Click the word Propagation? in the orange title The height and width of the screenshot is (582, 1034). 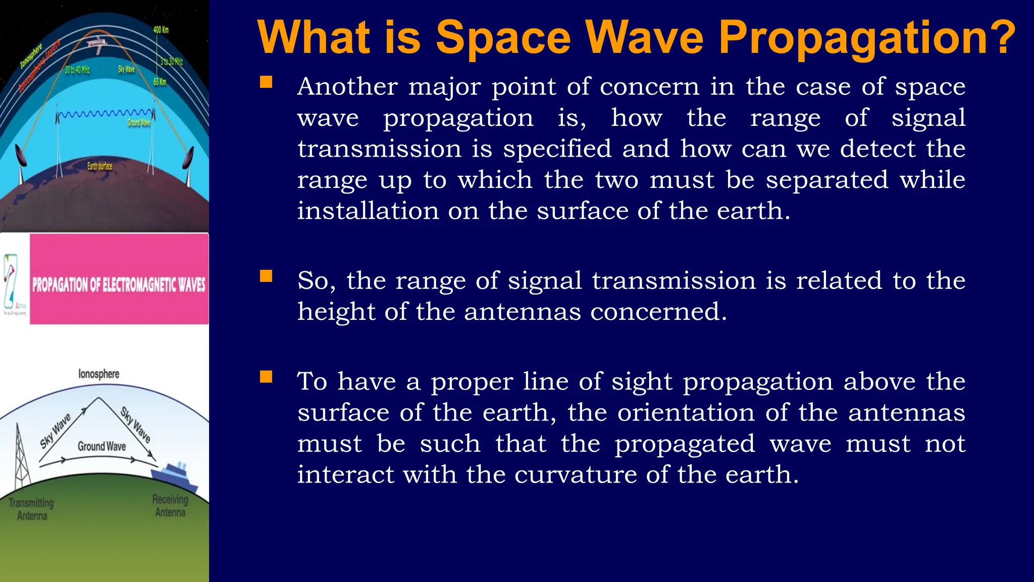point(867,38)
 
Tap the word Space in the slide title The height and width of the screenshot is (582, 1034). point(503,37)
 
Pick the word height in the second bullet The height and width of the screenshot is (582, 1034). point(335,311)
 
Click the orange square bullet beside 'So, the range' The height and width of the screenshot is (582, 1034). point(266,276)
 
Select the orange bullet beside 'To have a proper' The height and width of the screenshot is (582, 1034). point(266,377)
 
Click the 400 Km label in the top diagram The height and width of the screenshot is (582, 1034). point(161,30)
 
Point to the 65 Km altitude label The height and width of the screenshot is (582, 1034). point(160,82)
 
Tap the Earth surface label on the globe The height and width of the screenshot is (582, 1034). point(100,166)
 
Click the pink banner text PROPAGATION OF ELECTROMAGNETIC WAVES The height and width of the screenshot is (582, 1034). point(119,284)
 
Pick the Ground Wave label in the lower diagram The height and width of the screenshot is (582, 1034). point(101,446)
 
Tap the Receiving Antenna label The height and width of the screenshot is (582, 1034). point(170,506)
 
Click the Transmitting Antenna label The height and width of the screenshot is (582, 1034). point(31,509)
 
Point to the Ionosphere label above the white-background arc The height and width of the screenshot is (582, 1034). point(99,374)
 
